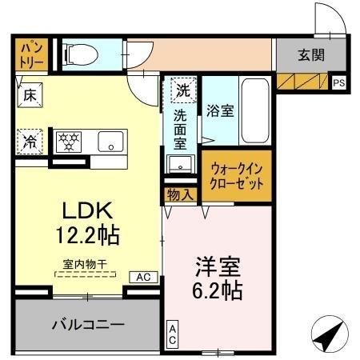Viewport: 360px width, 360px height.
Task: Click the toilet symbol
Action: [80, 54]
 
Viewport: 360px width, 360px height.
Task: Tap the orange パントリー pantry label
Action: [30, 53]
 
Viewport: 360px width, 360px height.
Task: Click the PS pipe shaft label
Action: [339, 82]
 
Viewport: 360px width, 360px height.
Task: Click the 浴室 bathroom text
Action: [219, 110]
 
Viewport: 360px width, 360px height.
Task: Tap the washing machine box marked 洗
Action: [184, 90]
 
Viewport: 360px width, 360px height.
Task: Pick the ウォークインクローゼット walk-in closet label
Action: [237, 176]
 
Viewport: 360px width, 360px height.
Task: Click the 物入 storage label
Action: [180, 194]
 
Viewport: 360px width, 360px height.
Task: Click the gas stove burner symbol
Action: [70, 142]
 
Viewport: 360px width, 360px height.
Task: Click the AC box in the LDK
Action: [142, 277]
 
